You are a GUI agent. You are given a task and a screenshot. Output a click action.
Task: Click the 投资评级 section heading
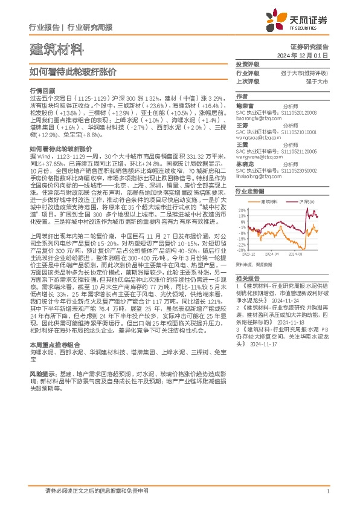tap(247, 64)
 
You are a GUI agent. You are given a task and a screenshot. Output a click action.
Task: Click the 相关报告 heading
tap(247, 278)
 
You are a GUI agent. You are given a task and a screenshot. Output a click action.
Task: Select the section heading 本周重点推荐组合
tap(51, 361)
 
